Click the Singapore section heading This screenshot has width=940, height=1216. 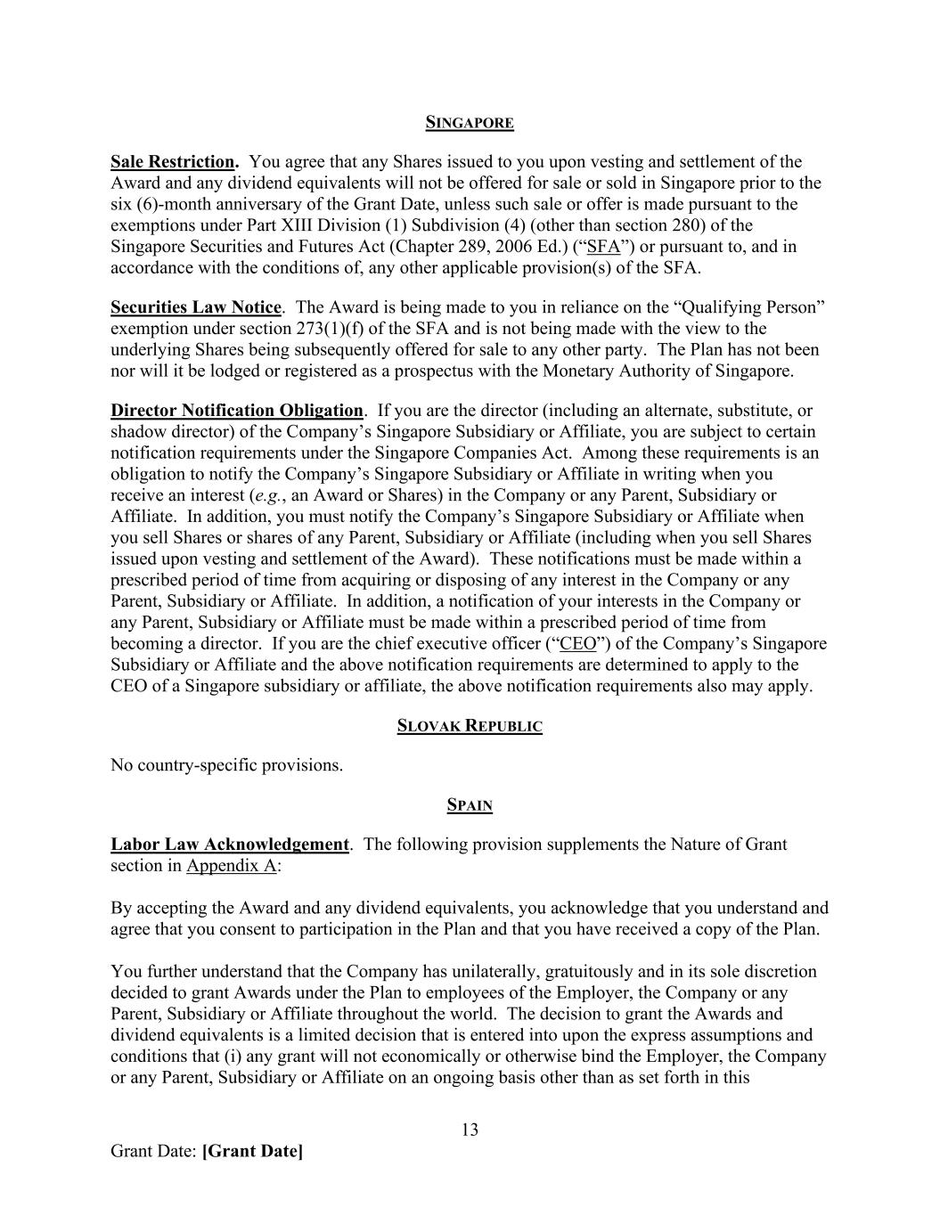click(470, 122)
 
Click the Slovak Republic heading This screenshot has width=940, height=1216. click(470, 726)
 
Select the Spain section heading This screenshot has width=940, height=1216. click(470, 805)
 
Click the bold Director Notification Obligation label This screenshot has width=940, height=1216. click(237, 411)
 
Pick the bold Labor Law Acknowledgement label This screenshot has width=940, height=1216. click(230, 845)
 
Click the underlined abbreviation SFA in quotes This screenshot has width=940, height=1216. click(603, 247)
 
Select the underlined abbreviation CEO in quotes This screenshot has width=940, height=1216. click(577, 643)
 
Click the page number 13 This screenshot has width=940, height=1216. click(470, 1130)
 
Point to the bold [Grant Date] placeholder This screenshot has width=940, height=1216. click(252, 1151)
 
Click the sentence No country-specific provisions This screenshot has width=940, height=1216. click(226, 765)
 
